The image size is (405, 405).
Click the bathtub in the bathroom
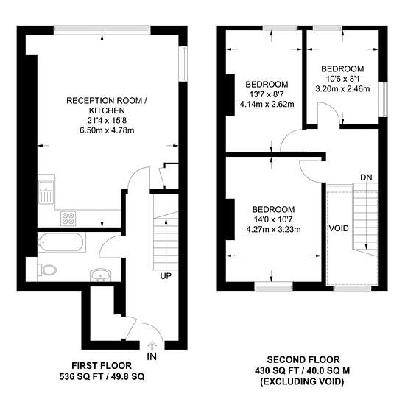point(62,242)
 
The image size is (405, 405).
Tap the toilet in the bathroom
point(47,270)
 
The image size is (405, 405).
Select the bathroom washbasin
point(101,275)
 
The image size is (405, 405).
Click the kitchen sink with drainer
point(46,191)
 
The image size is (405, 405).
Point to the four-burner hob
point(68,219)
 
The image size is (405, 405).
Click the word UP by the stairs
point(166,276)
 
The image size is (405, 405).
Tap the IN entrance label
point(152,356)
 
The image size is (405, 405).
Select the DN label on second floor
point(366,177)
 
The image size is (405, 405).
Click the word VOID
point(339,228)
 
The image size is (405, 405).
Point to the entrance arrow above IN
point(152,345)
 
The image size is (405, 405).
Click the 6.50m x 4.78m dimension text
point(107,130)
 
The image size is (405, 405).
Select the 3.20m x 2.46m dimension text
point(342,89)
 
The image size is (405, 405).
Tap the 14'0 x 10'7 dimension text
point(273,219)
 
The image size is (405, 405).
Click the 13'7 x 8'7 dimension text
point(267,94)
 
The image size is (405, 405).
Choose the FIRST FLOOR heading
point(102,366)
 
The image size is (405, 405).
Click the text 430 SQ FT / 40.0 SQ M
point(302,371)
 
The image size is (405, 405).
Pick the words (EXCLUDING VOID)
point(302,381)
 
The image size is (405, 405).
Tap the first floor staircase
point(165,232)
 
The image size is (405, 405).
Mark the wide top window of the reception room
point(102,29)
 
